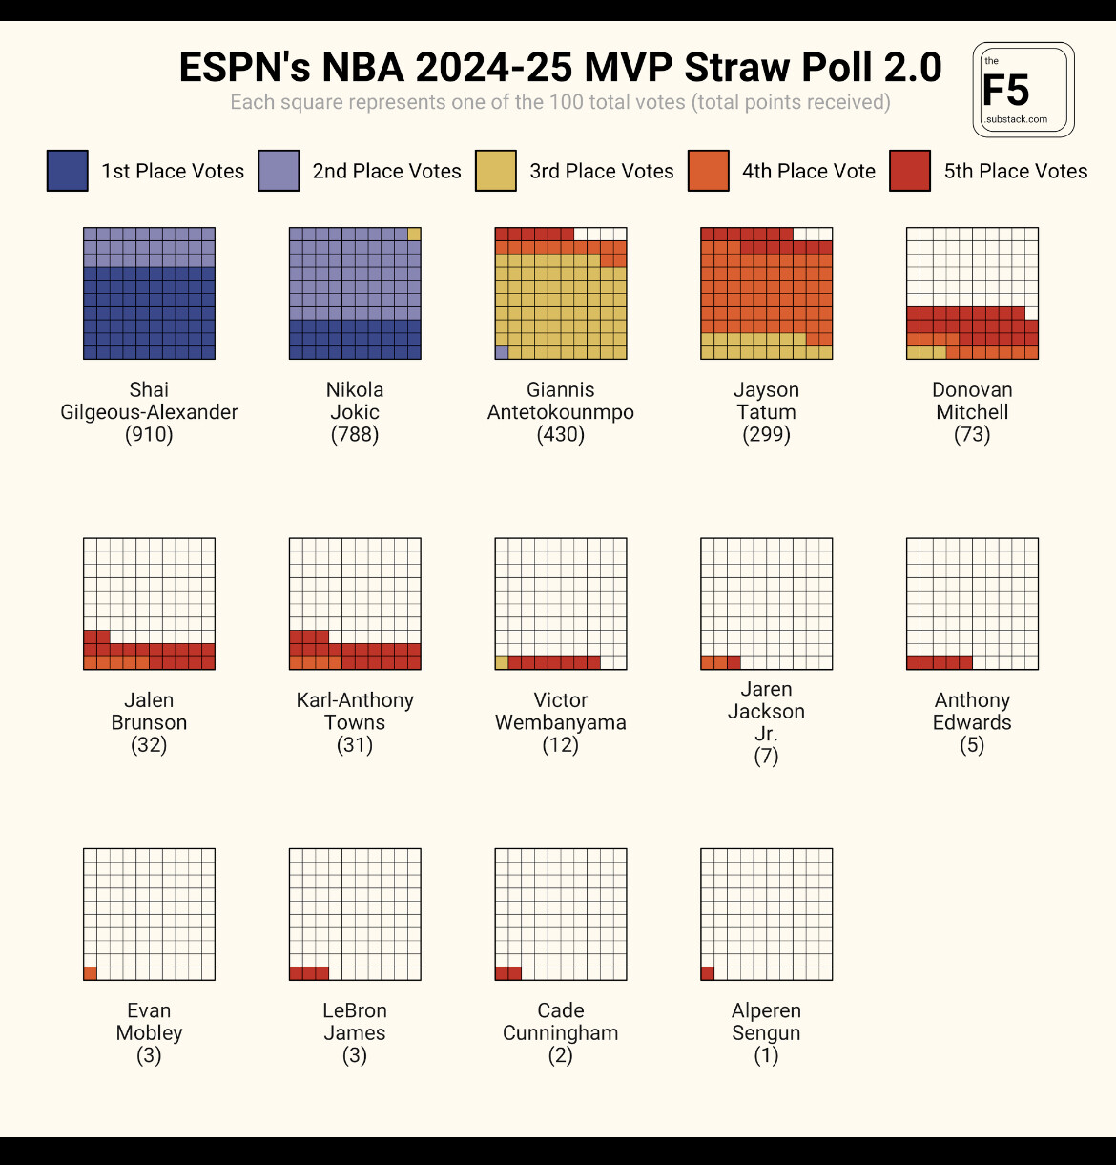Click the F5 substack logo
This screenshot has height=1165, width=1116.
point(1023,90)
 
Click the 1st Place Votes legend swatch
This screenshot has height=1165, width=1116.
point(68,171)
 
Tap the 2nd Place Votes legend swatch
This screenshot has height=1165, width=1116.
point(279,171)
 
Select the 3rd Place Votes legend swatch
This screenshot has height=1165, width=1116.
point(496,171)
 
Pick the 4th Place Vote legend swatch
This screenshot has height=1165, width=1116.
point(709,171)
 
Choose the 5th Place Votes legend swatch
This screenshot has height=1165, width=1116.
point(910,171)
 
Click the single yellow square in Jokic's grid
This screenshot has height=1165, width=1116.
point(414,235)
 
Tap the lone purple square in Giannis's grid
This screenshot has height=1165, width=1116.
point(502,352)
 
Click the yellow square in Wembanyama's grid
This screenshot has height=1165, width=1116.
point(502,662)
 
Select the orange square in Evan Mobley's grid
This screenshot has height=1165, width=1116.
point(91,973)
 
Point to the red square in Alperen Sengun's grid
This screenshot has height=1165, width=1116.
point(708,973)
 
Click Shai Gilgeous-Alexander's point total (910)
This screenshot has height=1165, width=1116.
point(149,435)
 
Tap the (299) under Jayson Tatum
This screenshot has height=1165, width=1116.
point(766,435)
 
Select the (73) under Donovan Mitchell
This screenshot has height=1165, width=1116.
point(972,435)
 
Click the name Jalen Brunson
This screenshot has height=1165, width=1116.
point(149,712)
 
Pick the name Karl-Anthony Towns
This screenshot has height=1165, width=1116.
point(355,712)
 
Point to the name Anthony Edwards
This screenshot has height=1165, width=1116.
point(972,712)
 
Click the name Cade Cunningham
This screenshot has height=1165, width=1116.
point(561,1022)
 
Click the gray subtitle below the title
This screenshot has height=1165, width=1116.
point(561,102)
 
